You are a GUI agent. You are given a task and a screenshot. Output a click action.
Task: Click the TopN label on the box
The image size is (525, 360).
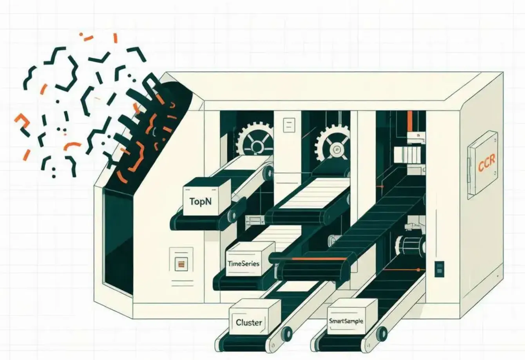click(200, 202)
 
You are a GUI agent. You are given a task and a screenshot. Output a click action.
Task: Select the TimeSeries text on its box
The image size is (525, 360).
click(243, 264)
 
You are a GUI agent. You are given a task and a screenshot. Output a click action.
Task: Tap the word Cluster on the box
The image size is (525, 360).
click(249, 322)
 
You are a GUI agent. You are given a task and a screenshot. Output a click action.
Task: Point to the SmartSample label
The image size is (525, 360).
click(346, 321)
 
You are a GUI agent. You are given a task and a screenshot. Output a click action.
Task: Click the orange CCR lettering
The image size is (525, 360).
click(487, 163)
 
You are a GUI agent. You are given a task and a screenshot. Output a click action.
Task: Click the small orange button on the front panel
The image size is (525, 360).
click(181, 264)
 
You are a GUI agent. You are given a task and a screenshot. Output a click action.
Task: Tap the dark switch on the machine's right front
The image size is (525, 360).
click(439, 269)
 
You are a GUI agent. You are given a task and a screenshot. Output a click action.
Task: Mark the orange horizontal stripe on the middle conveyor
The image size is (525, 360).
click(319, 259)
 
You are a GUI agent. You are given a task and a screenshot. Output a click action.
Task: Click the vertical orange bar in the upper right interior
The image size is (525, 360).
click(410, 121)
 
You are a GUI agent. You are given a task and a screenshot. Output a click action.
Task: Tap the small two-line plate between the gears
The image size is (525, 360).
click(289, 125)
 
